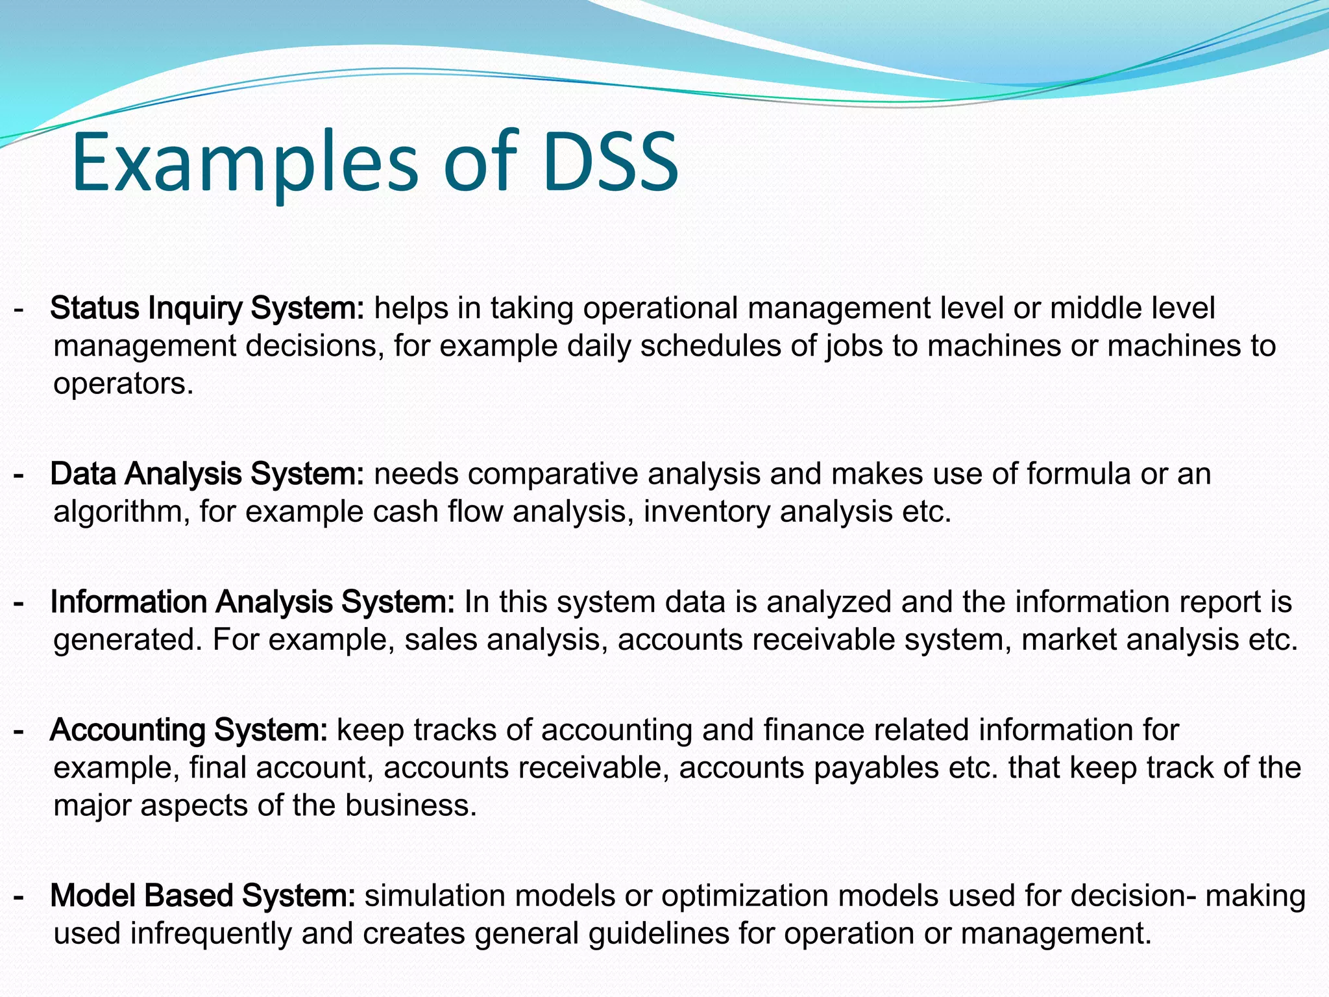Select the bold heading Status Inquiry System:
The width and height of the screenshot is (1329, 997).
coord(208,308)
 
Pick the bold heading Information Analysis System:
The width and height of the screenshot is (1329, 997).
coord(252,602)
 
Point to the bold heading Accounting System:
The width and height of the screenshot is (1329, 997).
coord(189,730)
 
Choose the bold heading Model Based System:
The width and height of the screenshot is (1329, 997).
coord(202,896)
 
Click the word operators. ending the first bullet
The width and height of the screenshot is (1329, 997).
coord(123,384)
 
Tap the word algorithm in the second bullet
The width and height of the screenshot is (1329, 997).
coord(121,511)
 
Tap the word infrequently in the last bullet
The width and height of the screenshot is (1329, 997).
coord(211,933)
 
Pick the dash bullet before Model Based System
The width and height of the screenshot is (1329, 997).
coord(19,897)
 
